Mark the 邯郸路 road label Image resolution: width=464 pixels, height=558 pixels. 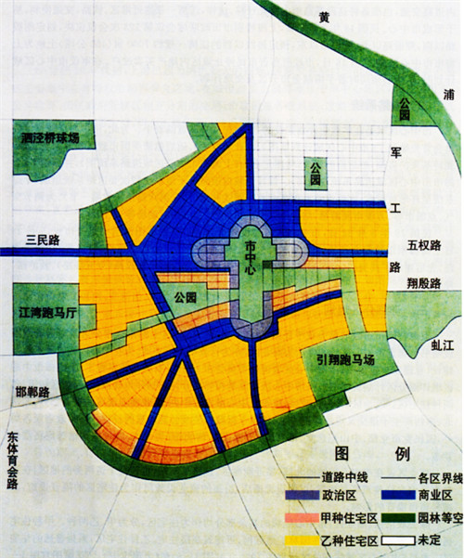point(32,391)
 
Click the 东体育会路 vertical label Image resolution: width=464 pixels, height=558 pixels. point(13,465)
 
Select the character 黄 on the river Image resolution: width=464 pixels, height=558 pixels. point(323,17)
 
